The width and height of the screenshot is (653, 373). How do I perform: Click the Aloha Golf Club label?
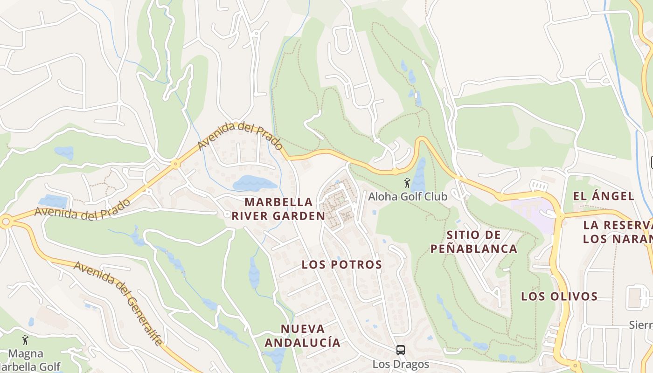408,196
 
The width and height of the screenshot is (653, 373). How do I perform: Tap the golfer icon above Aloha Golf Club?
407,183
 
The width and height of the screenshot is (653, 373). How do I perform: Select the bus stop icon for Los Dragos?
400,350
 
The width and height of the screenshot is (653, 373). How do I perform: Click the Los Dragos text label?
400,364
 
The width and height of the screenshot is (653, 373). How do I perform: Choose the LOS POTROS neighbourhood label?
341,264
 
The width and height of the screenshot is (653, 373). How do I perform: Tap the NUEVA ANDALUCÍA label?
302,335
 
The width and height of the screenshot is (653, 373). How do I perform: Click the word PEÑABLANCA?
473,249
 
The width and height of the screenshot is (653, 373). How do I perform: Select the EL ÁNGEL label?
603,196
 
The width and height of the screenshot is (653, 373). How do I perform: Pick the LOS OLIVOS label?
559,296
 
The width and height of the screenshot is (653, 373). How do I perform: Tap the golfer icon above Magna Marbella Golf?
25,340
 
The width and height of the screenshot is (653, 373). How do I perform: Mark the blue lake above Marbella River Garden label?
254,183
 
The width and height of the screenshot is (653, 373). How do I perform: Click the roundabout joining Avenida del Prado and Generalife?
6,222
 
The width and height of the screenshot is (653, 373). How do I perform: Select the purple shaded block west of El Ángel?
532,209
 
